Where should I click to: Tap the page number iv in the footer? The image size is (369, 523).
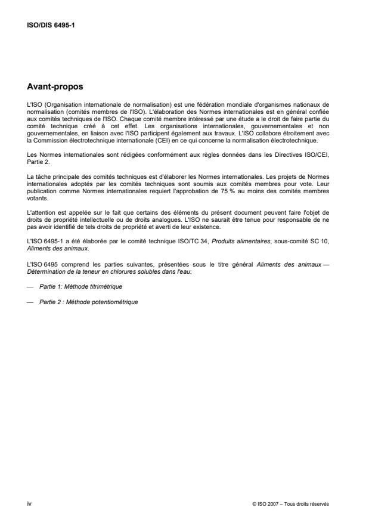29,503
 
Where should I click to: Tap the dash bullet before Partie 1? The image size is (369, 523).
32,286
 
